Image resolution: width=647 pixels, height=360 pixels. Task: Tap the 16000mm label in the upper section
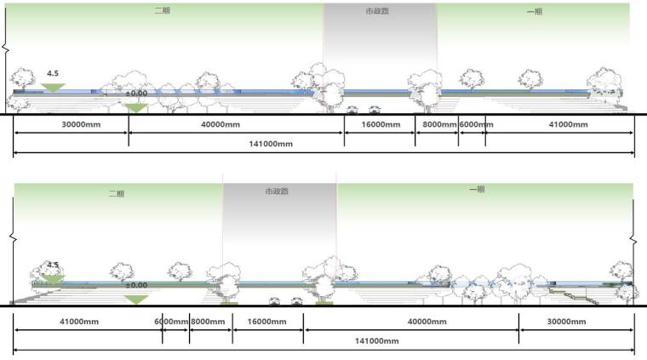point(380,125)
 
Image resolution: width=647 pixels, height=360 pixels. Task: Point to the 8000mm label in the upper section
point(436,125)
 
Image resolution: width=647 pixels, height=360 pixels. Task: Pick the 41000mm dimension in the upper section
point(568,125)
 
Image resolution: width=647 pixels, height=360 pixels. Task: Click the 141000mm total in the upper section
point(272,145)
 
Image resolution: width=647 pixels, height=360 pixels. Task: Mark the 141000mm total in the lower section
point(377,341)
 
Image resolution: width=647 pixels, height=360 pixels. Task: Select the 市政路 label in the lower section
point(278,192)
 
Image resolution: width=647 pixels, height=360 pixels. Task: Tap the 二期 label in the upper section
point(161,12)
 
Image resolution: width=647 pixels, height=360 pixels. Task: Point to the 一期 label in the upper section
point(535,12)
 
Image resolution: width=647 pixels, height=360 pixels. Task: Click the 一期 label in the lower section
point(477,190)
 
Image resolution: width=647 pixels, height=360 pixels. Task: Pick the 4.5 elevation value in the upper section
point(53,74)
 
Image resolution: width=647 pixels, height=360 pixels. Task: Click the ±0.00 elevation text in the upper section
point(135,94)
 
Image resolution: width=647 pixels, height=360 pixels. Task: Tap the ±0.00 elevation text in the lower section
point(136,286)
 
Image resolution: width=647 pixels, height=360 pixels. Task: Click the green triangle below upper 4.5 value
point(53,87)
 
